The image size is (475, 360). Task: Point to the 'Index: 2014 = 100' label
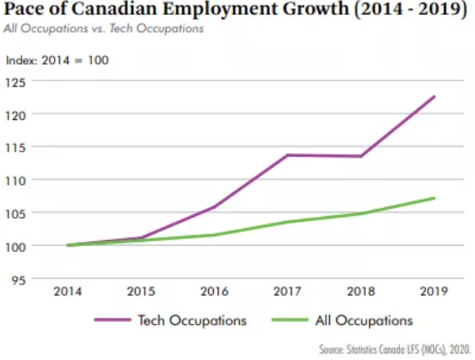pos(58,60)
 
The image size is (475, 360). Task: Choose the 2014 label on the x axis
pos(69,291)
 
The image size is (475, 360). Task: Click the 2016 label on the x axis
pos(215,291)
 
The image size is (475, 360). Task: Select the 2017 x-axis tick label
pos(288,291)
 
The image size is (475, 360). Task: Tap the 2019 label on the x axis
pos(434,291)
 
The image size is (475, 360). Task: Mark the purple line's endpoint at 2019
pos(434,96)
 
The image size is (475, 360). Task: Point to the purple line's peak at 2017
pos(288,155)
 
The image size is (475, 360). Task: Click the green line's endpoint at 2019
pos(434,197)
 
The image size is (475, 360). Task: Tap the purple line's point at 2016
pos(215,207)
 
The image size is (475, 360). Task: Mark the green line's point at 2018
pos(361,213)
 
